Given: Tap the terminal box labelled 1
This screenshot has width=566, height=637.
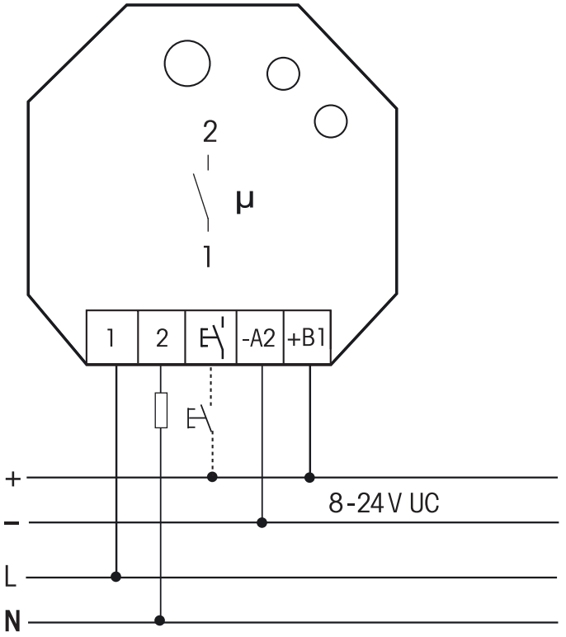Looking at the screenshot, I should pos(112,338).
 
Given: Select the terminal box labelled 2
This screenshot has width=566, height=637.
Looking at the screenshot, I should pos(162,338).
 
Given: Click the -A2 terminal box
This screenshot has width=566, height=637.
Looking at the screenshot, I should pos(261,338).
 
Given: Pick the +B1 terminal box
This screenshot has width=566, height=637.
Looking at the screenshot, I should pos(309,338).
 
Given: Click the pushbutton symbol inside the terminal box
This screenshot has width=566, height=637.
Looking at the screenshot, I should pos(211,338).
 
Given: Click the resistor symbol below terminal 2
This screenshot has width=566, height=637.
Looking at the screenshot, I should pos(162,410).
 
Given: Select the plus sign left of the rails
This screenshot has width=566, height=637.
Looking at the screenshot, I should pos(12,478).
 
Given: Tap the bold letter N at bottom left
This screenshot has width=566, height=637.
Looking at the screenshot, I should pos(12,619).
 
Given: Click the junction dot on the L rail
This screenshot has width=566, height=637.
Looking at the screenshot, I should pos(116,577).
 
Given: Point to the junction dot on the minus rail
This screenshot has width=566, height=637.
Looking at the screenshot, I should pos(262,522).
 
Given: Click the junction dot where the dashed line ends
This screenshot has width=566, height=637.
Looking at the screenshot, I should pos(213,477).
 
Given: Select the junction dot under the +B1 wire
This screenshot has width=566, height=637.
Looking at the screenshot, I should pos(310,477).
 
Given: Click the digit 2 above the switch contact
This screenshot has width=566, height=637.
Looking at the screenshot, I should pos(210,133).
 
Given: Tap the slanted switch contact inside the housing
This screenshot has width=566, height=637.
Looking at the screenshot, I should pos(200,196).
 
